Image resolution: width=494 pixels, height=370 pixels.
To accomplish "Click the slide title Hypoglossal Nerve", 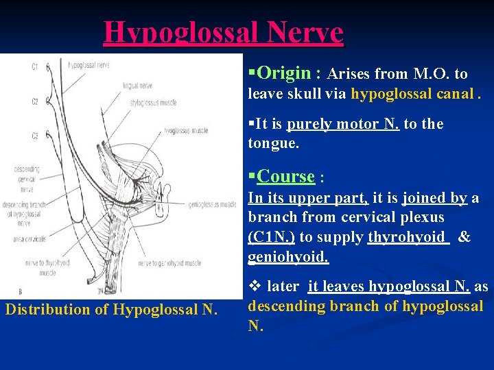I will [x=223, y=32].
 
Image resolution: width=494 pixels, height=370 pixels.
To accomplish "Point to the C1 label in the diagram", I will [x=34, y=67].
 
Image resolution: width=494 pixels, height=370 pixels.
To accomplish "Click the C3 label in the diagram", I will [x=34, y=136].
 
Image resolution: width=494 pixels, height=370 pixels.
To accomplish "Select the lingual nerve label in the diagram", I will [x=138, y=86].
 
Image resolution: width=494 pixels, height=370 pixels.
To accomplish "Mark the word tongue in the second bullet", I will [x=272, y=143].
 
